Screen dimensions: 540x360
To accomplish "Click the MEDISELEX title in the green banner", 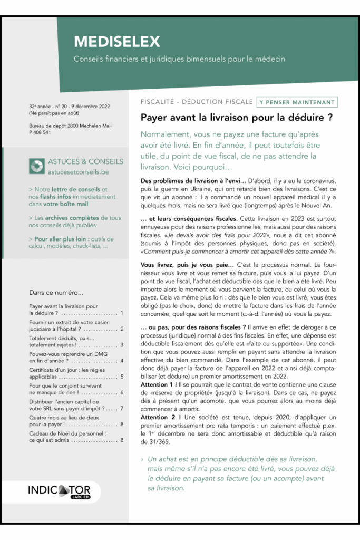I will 116,42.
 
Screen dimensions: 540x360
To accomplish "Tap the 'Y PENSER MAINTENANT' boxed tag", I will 297,102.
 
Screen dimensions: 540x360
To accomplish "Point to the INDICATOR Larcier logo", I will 59,491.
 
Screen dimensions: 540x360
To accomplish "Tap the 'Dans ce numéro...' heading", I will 56,293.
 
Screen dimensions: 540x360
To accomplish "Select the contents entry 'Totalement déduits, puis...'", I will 62,338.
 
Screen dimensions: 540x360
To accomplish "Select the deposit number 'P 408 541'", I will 40,132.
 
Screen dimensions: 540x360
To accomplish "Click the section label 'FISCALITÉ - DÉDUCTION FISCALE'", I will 197,102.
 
